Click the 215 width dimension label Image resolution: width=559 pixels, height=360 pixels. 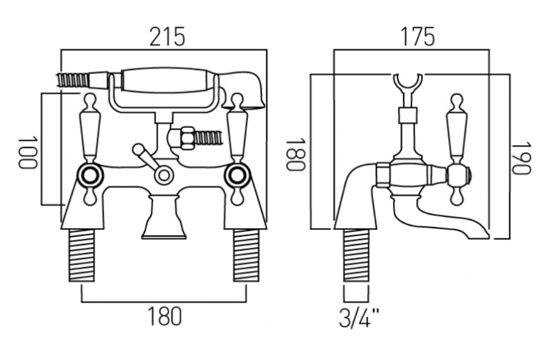167,37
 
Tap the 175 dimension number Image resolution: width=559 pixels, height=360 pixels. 418,37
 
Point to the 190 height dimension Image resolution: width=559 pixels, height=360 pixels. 522,159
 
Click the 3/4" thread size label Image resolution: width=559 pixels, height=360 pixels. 359,318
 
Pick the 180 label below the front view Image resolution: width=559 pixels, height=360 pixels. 164,316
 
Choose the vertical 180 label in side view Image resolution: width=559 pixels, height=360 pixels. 295,155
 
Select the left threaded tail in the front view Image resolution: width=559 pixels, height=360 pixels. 82,255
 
